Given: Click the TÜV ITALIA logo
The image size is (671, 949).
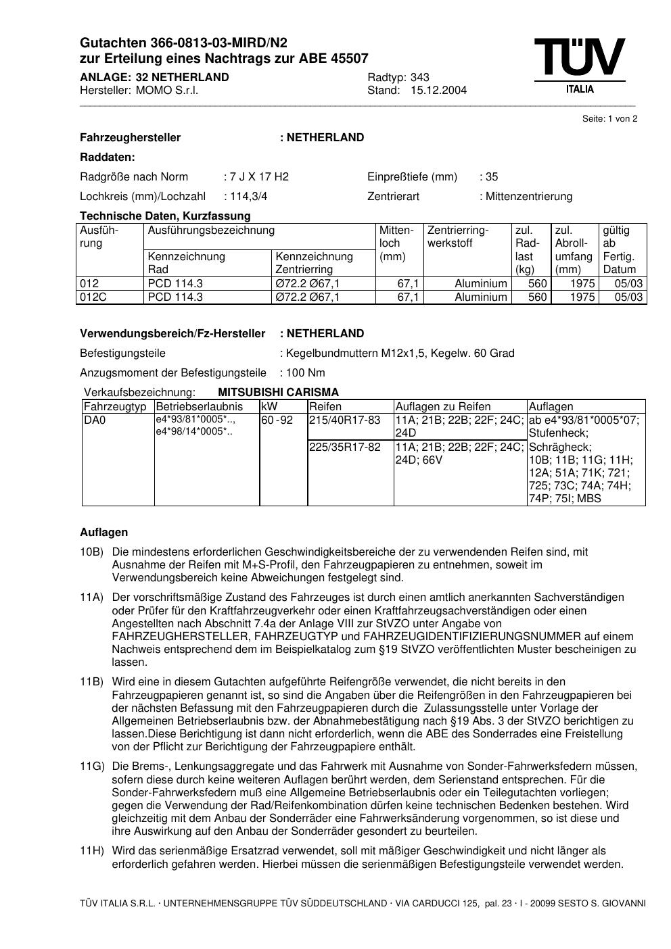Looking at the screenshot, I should point(580,66).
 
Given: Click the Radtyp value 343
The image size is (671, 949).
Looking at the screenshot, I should point(419,77).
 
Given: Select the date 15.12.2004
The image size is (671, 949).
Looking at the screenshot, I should point(438,91).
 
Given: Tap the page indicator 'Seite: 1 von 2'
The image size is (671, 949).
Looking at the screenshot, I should point(609,119).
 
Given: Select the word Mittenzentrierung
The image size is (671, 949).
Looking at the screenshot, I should point(528,197).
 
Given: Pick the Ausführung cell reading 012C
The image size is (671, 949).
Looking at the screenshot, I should point(94,297).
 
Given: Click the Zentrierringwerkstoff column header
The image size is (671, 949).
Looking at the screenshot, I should point(458,237).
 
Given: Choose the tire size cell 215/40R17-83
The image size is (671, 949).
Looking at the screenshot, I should point(345,420).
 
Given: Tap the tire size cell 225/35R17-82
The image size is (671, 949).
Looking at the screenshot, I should point(345,447).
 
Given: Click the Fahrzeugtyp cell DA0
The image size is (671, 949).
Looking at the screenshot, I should point(95,420).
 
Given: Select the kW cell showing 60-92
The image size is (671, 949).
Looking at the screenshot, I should point(277,420).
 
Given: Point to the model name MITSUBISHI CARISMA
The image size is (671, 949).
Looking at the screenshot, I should point(278,392).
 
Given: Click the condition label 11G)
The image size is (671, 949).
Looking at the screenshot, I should point(92,766).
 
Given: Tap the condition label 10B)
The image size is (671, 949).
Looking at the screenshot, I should point(91,552).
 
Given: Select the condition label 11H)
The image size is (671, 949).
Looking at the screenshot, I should point(92,851).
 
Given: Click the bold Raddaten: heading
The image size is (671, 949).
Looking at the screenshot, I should point(108,157).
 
